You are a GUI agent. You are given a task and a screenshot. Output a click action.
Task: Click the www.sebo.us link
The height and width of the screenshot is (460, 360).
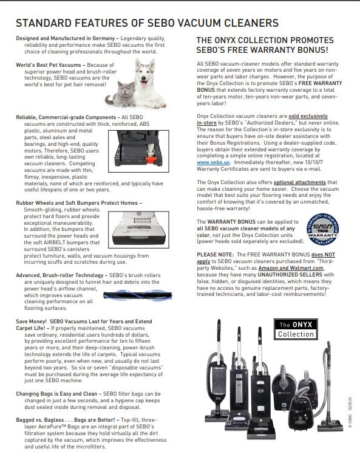click(213, 162)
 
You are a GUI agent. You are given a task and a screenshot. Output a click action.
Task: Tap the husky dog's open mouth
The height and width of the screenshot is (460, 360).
click(144, 84)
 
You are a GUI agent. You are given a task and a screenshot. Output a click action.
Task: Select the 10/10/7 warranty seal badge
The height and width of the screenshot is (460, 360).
click(322, 230)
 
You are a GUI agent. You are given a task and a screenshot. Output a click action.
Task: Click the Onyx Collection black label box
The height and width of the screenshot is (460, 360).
click(296, 329)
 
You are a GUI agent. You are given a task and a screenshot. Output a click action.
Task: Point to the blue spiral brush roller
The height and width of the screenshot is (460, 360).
click(137, 295)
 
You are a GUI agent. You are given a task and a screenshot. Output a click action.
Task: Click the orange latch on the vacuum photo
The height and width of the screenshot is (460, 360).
click(151, 160)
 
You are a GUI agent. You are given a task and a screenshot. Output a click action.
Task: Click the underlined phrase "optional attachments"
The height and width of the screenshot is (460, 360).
click(300, 182)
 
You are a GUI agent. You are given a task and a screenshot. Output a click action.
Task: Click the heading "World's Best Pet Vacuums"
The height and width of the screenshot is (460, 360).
click(49, 65)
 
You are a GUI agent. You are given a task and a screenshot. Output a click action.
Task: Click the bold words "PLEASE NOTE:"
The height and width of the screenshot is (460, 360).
click(215, 255)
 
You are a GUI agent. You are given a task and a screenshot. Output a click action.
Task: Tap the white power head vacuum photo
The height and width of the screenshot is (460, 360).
click(138, 230)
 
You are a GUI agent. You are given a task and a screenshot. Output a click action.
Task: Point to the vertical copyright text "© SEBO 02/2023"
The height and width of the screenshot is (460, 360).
click(350, 412)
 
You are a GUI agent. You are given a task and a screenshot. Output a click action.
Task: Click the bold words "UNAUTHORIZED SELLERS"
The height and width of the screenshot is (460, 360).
click(290, 275)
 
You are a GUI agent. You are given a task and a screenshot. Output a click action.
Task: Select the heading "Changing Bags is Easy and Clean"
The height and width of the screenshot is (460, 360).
click(56, 394)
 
